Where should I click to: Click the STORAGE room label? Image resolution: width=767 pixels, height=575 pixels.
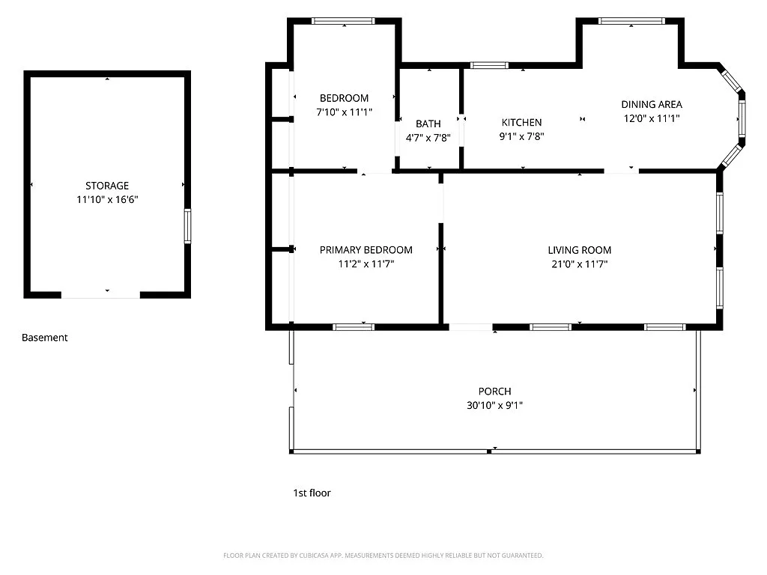[x=107, y=186]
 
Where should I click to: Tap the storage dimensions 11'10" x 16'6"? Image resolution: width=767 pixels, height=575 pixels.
[x=107, y=200]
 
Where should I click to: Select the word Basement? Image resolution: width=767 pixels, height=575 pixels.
[x=44, y=338]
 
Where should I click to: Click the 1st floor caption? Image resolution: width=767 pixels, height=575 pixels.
[x=312, y=493]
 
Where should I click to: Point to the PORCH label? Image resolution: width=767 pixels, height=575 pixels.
[x=495, y=392]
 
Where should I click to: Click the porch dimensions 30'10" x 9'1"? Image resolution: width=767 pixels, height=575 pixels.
[x=495, y=406]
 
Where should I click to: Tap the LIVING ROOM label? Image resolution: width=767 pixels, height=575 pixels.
[x=580, y=250]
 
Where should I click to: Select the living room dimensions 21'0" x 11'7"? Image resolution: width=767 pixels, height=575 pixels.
[x=580, y=264]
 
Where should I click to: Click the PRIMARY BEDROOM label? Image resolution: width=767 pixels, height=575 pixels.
[x=366, y=250]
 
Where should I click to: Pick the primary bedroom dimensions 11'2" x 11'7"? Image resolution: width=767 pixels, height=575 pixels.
[x=366, y=264]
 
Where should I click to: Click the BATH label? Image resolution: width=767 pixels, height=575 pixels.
[x=428, y=124]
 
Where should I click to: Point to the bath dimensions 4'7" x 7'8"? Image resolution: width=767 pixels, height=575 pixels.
[x=428, y=138]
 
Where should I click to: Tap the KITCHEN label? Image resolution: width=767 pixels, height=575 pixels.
[x=521, y=123]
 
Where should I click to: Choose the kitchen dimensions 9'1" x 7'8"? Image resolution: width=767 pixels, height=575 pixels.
[x=521, y=137]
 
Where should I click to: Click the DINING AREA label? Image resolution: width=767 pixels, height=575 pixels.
[x=652, y=105]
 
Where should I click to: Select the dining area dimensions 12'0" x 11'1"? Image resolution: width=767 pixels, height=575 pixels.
[x=652, y=118]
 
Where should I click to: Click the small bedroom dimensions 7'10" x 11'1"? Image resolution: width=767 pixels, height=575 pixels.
[x=344, y=112]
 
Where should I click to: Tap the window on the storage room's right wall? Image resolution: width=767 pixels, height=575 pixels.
[x=187, y=226]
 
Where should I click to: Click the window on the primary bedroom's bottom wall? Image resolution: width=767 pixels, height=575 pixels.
[x=354, y=326]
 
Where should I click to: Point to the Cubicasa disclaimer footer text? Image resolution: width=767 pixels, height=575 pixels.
[x=383, y=556]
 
